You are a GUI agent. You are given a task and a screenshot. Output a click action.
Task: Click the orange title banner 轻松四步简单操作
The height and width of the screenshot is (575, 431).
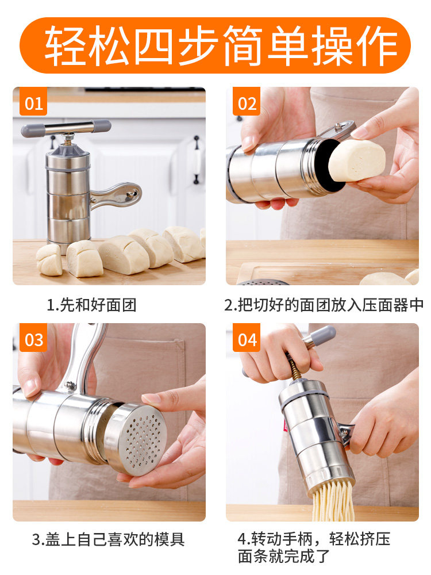[x=215, y=45]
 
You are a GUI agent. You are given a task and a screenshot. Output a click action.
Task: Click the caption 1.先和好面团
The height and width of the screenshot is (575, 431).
[x=91, y=305]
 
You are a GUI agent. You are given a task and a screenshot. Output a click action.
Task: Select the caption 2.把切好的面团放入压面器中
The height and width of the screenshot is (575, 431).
[x=324, y=305]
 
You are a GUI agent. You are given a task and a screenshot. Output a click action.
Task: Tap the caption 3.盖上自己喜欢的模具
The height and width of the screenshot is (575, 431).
[x=108, y=539]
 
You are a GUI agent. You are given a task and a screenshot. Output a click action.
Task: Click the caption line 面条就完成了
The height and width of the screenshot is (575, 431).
[x=284, y=556]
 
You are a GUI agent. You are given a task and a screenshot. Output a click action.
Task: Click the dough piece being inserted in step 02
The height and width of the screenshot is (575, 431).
[x=357, y=160]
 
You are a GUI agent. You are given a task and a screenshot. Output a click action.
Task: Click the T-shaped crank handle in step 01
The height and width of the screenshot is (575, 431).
[x=66, y=128]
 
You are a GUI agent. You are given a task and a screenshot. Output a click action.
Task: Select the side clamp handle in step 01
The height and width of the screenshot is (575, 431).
[x=116, y=195]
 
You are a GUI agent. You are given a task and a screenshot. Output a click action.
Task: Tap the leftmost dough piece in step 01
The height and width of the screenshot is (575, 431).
[x=49, y=260]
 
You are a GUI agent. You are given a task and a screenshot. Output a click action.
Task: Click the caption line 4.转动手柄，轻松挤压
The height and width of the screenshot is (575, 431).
[x=314, y=539]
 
